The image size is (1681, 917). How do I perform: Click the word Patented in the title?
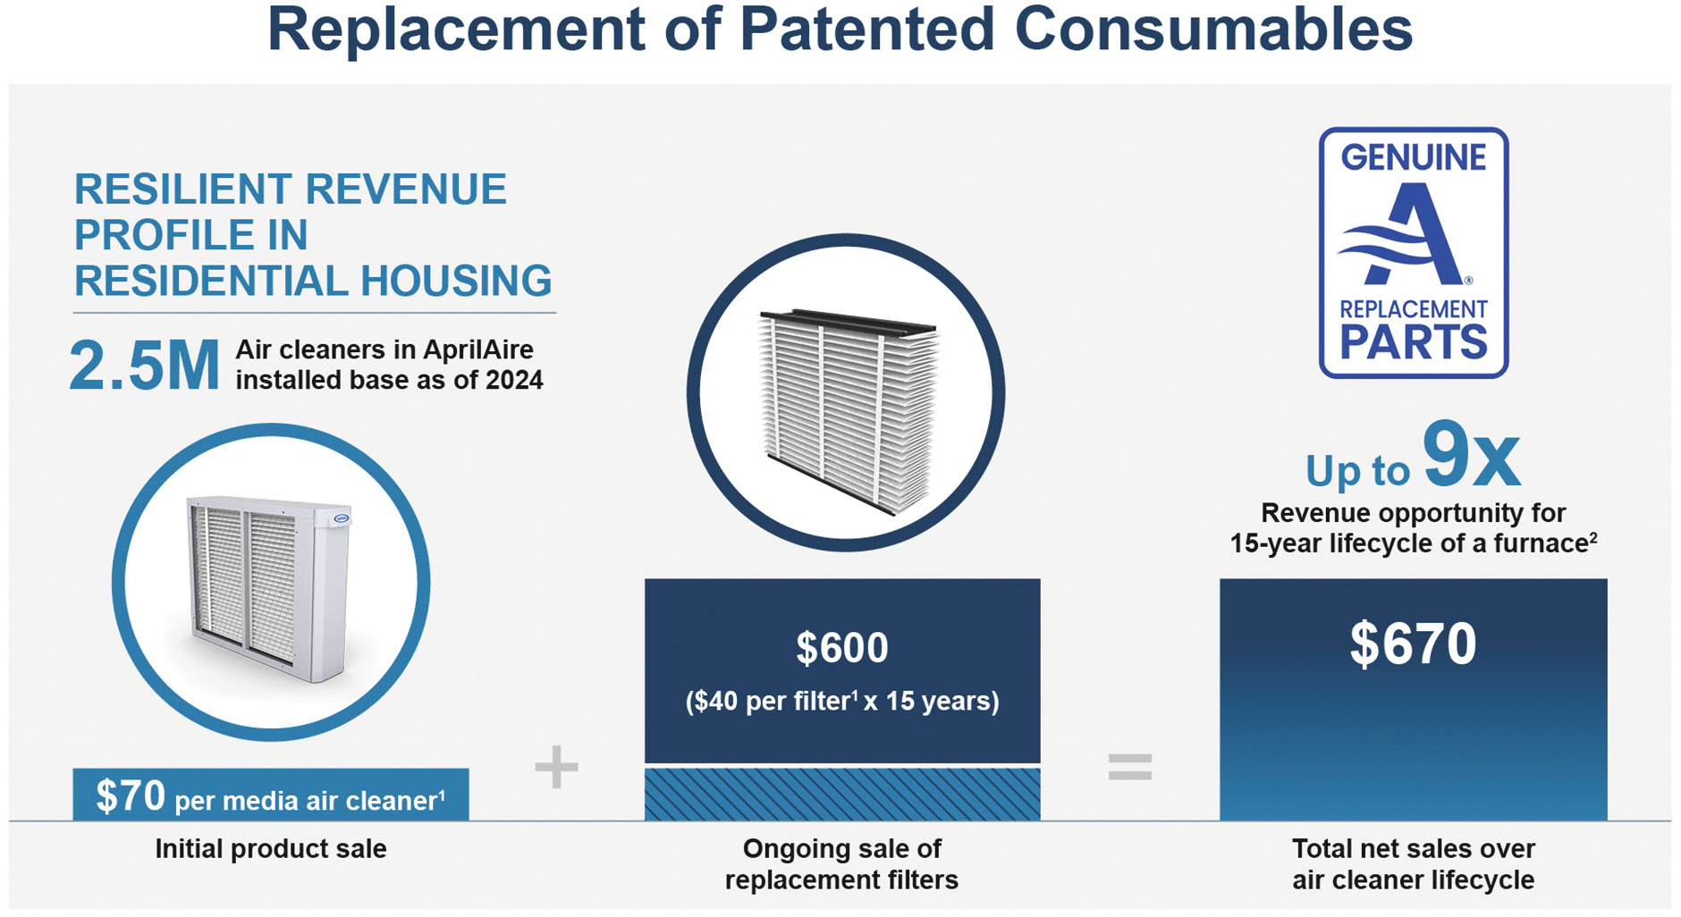click(x=866, y=29)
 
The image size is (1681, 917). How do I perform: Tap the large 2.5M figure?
click(x=144, y=366)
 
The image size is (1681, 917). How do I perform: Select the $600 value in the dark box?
click(x=842, y=648)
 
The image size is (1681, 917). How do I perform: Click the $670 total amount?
click(x=1413, y=644)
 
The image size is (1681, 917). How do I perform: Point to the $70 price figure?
click(x=131, y=795)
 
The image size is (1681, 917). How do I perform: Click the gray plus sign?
click(x=556, y=767)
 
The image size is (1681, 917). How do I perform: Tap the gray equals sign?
click(x=1130, y=767)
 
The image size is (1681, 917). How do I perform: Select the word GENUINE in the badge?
click(x=1413, y=157)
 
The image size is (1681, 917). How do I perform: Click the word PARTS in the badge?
click(x=1413, y=342)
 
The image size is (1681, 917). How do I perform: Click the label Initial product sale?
click(x=271, y=848)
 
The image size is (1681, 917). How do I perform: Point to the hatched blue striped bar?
click(x=842, y=794)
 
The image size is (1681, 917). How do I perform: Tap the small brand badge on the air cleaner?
click(x=342, y=518)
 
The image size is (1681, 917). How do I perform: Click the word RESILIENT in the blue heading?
click(x=182, y=189)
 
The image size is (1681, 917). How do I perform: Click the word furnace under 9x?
click(x=1536, y=543)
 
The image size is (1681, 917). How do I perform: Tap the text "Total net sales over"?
click(x=1413, y=848)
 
